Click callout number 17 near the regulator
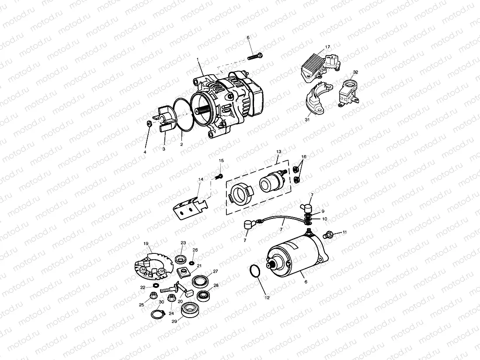click(327, 47)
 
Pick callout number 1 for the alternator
click(198, 59)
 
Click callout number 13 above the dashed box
click(278, 152)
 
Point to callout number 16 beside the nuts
click(304, 156)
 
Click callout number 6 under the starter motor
click(306, 282)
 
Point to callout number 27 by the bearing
click(215, 271)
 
